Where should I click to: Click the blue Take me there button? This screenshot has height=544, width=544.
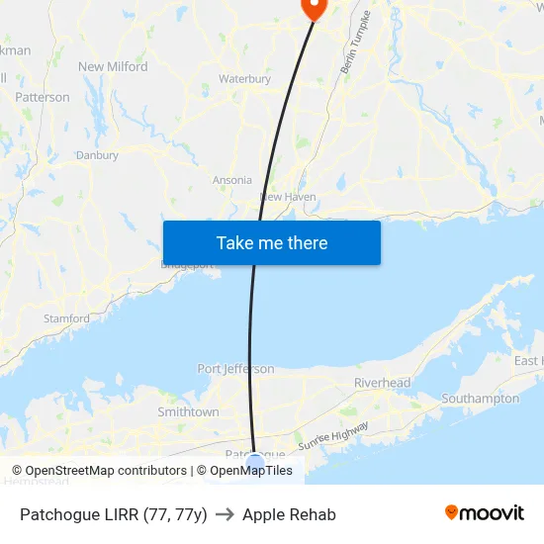point(271,242)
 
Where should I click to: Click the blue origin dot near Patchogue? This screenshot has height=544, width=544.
point(255,461)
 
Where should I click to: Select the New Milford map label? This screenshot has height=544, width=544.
point(113,67)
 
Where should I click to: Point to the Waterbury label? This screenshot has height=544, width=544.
point(244,79)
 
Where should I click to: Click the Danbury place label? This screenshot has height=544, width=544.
point(97,155)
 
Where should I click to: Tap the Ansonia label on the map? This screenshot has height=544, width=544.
point(232,180)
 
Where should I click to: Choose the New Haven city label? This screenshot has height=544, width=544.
point(288,197)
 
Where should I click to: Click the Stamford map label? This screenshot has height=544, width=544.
point(66,318)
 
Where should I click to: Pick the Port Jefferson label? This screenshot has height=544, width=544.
point(235,369)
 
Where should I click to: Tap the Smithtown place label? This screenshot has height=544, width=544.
point(188,411)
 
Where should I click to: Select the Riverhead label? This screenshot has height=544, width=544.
point(382,383)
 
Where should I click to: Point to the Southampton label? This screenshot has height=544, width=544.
point(480,399)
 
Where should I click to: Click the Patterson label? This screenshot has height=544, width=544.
point(43,97)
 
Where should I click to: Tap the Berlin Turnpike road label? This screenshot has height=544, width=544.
point(354,43)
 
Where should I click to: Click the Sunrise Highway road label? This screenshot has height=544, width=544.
point(333,436)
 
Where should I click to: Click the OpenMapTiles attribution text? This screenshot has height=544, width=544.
point(250,471)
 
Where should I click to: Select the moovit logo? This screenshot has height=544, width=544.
point(485,513)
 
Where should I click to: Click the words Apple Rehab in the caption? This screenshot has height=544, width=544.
point(289,514)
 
